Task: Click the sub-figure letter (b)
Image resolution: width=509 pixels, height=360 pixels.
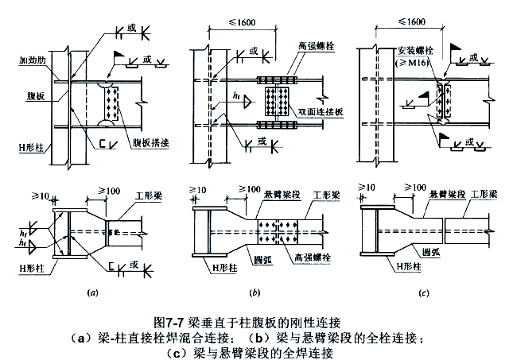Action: click(254, 294)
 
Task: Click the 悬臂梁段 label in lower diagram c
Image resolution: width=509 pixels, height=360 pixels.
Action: click(445, 193)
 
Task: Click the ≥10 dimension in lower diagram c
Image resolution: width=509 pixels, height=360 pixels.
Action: click(367, 188)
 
